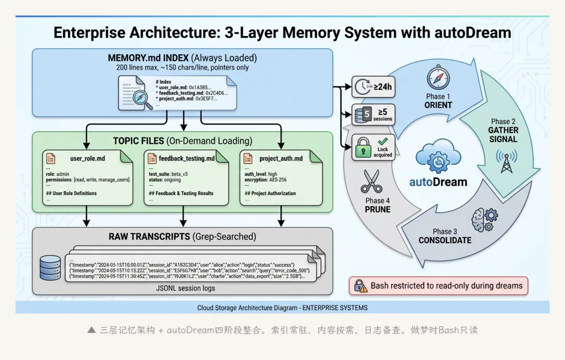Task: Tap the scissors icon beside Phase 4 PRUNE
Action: (371, 181)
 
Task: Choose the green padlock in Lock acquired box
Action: (363, 148)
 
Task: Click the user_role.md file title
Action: (87, 158)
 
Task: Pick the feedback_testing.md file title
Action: (187, 158)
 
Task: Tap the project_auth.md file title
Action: (281, 158)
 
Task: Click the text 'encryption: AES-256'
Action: (265, 179)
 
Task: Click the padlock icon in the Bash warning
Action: (361, 286)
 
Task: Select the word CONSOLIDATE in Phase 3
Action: (445, 240)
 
